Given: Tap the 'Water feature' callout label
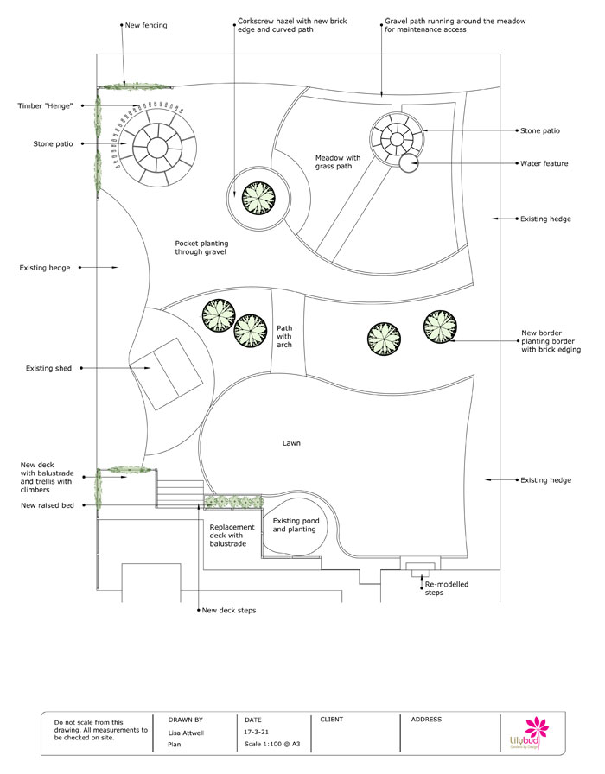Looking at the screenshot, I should click(543, 162).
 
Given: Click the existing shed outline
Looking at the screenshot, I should click(164, 374).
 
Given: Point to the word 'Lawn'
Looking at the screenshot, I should click(291, 443).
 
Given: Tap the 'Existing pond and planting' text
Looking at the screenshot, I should click(295, 524).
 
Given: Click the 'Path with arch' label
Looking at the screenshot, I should click(284, 336).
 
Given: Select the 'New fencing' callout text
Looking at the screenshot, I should click(146, 26).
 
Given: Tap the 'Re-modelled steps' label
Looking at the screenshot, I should click(446, 589).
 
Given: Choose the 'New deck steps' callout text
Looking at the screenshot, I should click(228, 611).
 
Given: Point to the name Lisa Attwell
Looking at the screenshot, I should click(187, 732).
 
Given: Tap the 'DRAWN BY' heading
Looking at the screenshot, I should click(185, 719).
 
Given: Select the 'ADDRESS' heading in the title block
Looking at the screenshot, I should click(426, 719).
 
